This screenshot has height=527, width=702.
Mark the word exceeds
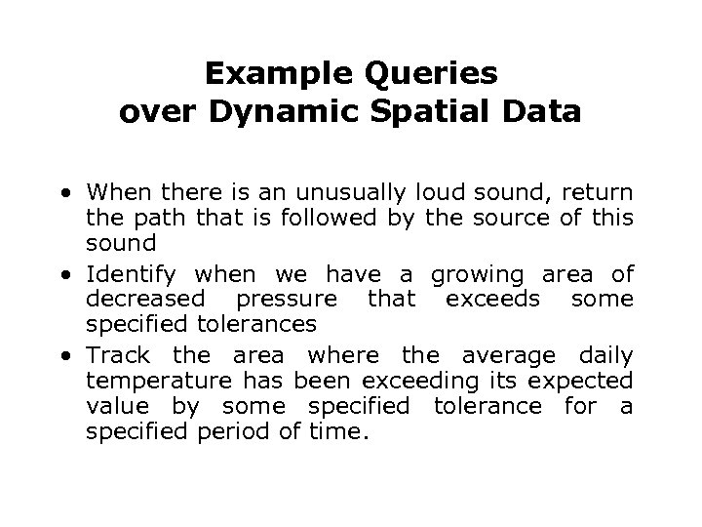(x=486, y=299)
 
